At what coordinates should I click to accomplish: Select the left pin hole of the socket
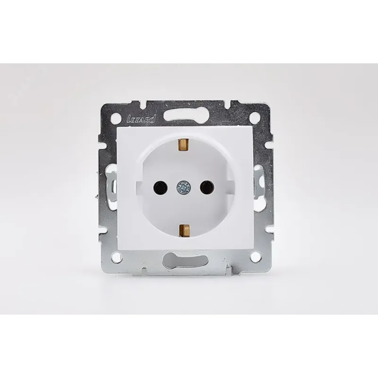pyautogui.click(x=160, y=186)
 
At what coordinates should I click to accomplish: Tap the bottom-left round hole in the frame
pyautogui.click(x=116, y=258)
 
